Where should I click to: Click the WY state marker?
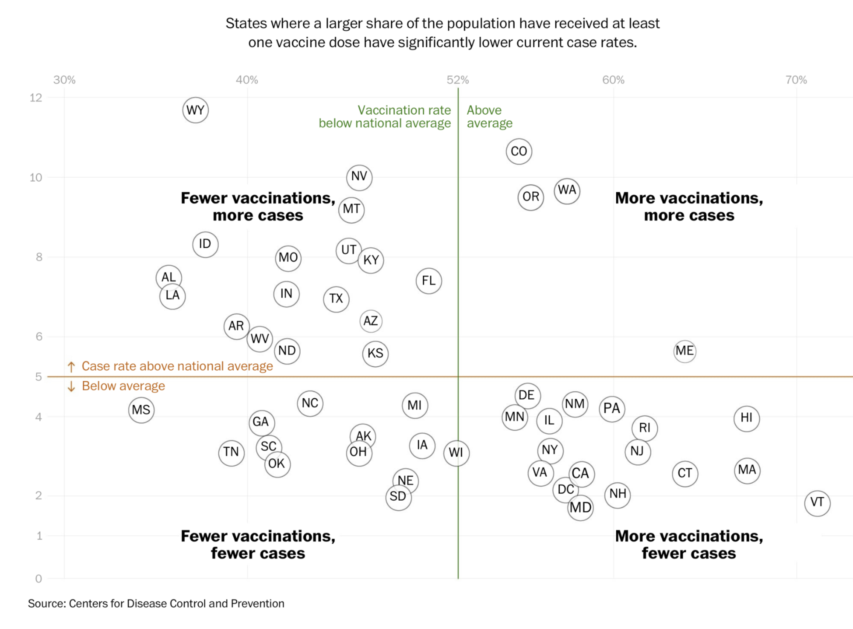[195, 110]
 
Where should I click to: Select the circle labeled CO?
[519, 151]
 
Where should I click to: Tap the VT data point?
[817, 503]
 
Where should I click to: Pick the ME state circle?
[685, 351]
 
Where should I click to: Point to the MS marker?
[141, 410]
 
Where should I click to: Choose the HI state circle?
[746, 418]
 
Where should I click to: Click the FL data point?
[429, 281]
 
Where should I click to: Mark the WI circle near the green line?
[456, 452]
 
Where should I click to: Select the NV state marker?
[359, 177]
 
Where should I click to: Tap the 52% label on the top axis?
[458, 80]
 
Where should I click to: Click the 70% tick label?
[796, 80]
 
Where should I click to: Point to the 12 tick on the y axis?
[36, 98]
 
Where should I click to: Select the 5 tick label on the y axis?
[38, 377]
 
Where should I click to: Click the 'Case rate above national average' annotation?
[177, 366]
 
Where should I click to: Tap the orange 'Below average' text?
[123, 386]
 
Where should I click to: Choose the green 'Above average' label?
[489, 116]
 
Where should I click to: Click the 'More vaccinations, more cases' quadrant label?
[689, 206]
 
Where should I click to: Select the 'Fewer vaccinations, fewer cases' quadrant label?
[258, 544]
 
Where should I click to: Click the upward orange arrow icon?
[71, 367]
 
